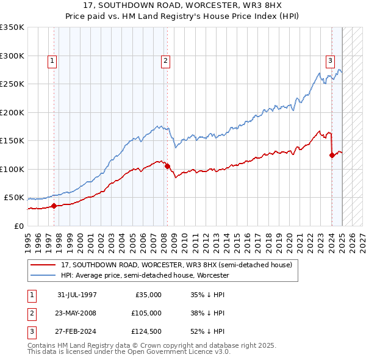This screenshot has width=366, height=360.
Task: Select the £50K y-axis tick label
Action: pyautogui.click(x=15, y=198)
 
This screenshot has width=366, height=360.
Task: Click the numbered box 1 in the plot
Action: pyautogui.click(x=52, y=60)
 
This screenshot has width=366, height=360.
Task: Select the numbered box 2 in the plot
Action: pyautogui.click(x=165, y=60)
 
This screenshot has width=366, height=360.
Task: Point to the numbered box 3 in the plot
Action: pyautogui.click(x=330, y=60)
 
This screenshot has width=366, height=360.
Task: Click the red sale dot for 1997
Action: pyautogui.click(x=54, y=206)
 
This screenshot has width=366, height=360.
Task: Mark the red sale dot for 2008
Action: pyautogui.click(x=167, y=166)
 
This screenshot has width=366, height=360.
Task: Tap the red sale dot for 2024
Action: pyautogui.click(x=332, y=155)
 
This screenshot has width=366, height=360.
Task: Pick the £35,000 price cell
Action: pyautogui.click(x=148, y=295)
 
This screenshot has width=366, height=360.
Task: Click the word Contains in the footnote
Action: pyautogui.click(x=43, y=345)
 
